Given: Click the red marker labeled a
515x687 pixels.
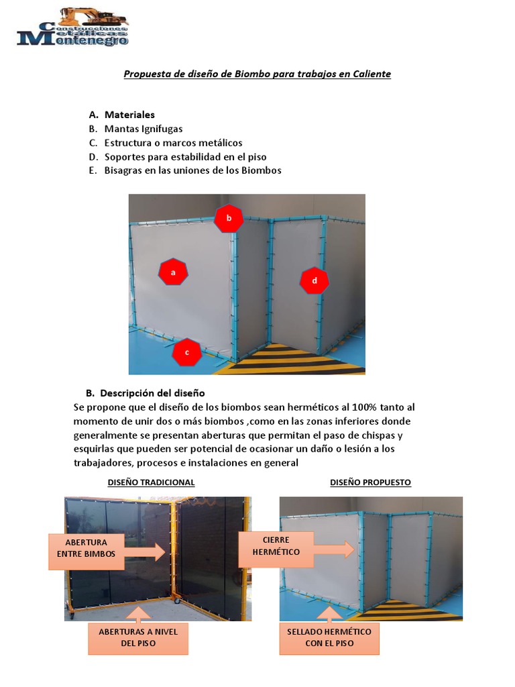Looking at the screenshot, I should click(x=173, y=272).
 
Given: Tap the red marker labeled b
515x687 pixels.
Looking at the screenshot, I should click(x=229, y=218).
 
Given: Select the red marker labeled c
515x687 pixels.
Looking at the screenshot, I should click(x=187, y=352).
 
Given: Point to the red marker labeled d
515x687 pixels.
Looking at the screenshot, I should click(x=314, y=280).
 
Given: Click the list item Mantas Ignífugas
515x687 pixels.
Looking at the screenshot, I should click(x=144, y=129).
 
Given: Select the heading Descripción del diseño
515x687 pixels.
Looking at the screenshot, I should click(x=154, y=392).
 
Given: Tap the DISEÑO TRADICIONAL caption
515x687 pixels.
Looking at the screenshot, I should click(x=151, y=482).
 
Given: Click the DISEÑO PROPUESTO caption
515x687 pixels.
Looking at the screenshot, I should click(x=370, y=482).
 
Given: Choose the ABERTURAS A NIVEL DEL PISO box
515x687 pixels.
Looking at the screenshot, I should click(x=138, y=637).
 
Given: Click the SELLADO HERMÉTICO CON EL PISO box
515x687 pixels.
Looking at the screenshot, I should click(x=329, y=637).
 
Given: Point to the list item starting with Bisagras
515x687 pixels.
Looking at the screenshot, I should click(x=192, y=170).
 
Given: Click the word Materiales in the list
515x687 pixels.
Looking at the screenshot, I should click(x=129, y=115).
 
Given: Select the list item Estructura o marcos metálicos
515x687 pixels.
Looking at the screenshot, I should click(x=173, y=143).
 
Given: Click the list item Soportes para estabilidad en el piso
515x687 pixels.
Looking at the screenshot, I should click(x=185, y=157).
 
